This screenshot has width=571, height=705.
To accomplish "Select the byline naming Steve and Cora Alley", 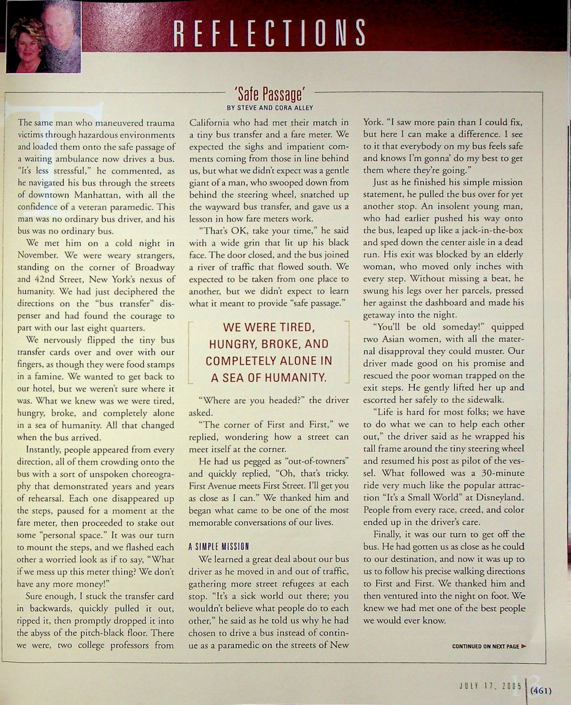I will (x=270, y=108).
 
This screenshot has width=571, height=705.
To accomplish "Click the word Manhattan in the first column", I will (x=97, y=195).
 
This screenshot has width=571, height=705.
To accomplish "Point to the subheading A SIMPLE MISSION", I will (x=219, y=547).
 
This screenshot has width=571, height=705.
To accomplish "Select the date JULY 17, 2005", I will (x=490, y=686).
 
